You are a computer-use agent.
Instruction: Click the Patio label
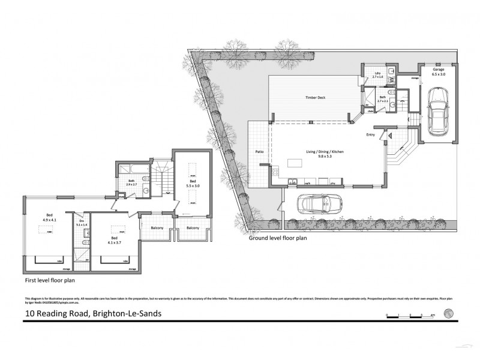coord(260,152)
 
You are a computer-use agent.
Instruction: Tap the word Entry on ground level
coord(371,135)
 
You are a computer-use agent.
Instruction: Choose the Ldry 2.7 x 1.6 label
coord(378,76)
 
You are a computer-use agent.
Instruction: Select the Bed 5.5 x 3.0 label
coord(193,184)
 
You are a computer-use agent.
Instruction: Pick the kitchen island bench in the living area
coord(295,163)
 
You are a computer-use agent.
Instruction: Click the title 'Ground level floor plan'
coord(278,238)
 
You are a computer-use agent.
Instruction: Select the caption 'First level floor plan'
coord(50,280)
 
